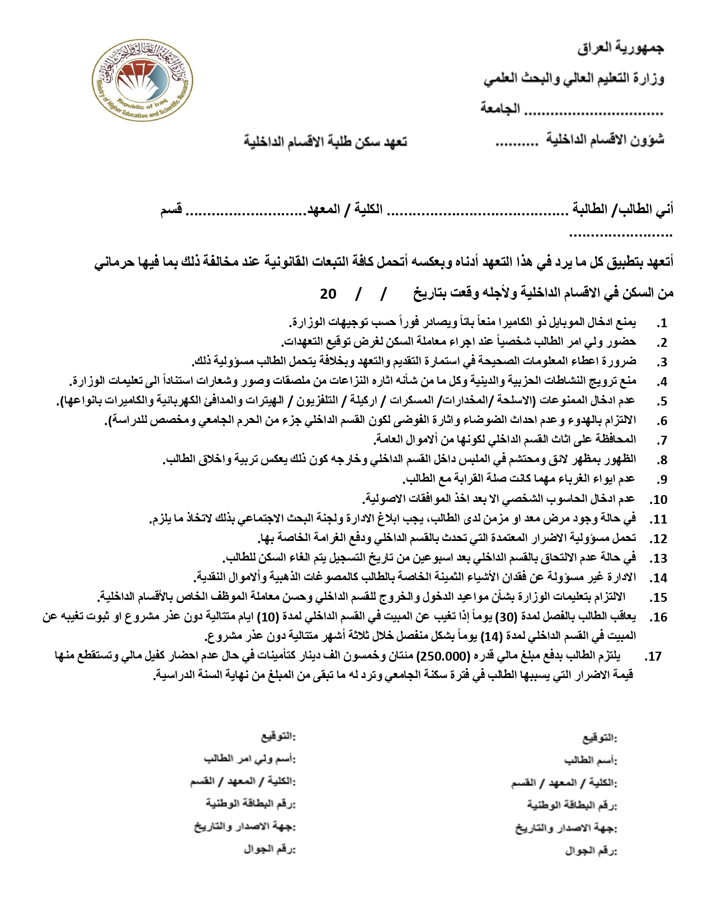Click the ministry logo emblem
point(142,86)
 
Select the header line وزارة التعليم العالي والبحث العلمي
point(574,79)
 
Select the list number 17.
point(653,657)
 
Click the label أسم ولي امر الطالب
point(249,759)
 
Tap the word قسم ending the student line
point(171,210)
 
